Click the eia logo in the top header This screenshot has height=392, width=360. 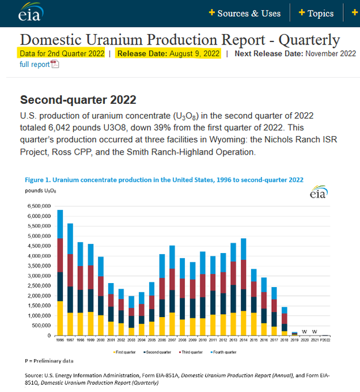point(29,13)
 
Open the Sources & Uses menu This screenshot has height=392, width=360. point(244,13)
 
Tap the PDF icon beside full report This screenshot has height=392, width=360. point(55,64)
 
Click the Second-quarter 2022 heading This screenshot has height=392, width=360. point(78,99)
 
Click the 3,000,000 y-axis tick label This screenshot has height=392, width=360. point(39,276)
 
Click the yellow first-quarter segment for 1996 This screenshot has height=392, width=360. point(60,318)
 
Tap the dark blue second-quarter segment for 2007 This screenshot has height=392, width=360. point(172,299)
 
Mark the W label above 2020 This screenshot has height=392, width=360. point(305,331)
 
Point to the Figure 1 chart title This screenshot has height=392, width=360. point(164,180)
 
